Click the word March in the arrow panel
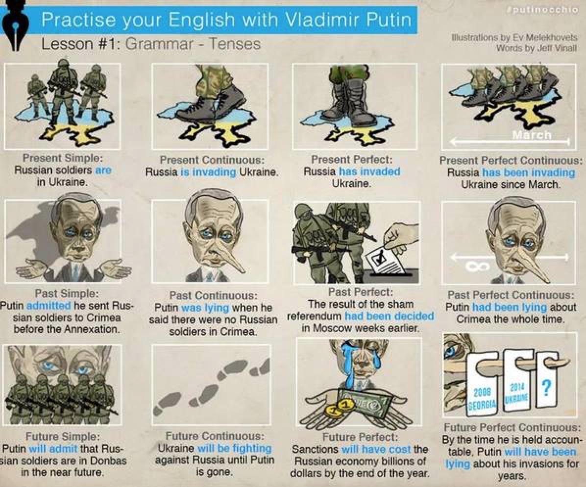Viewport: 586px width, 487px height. pos(532,135)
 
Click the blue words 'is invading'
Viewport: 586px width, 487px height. pos(205,172)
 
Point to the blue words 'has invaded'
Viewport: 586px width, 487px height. pos(369,171)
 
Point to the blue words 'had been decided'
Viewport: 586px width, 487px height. pos(389,316)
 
